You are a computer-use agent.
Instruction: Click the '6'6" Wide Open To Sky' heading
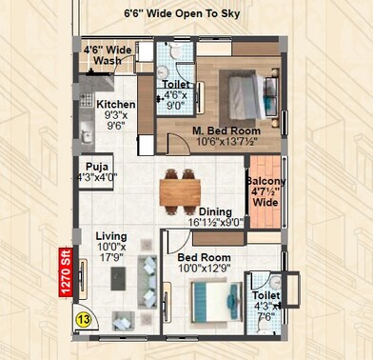182,14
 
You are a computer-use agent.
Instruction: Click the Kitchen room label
116,106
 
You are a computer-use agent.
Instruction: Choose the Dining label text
215,211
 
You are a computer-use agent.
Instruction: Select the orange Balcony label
265,180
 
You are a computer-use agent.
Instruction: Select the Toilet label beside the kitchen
175,85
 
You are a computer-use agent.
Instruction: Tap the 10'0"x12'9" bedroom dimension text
205,269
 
